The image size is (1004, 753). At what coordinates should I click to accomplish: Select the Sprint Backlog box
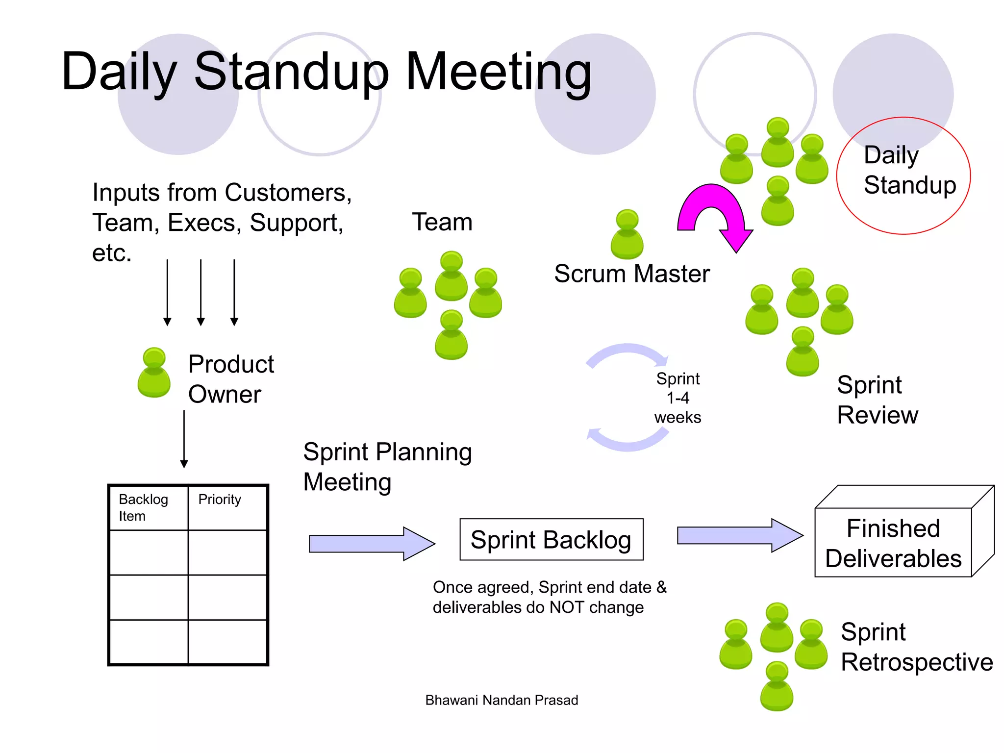(x=551, y=539)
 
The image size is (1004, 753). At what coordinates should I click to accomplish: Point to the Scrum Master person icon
(x=627, y=234)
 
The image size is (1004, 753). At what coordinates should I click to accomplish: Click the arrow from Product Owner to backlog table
(x=184, y=439)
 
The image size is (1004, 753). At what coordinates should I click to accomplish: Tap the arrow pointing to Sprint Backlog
(x=372, y=543)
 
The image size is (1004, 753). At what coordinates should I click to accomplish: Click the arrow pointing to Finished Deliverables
(x=739, y=535)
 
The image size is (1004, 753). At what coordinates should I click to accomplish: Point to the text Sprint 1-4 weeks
(x=678, y=398)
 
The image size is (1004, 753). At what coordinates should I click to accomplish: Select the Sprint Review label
(x=877, y=400)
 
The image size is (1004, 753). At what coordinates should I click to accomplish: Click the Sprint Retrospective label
(x=916, y=647)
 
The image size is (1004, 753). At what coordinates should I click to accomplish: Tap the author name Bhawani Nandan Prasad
(x=502, y=700)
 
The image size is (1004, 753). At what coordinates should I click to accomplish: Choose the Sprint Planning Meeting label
(x=387, y=467)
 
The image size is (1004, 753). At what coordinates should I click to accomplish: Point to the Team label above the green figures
(x=442, y=222)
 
